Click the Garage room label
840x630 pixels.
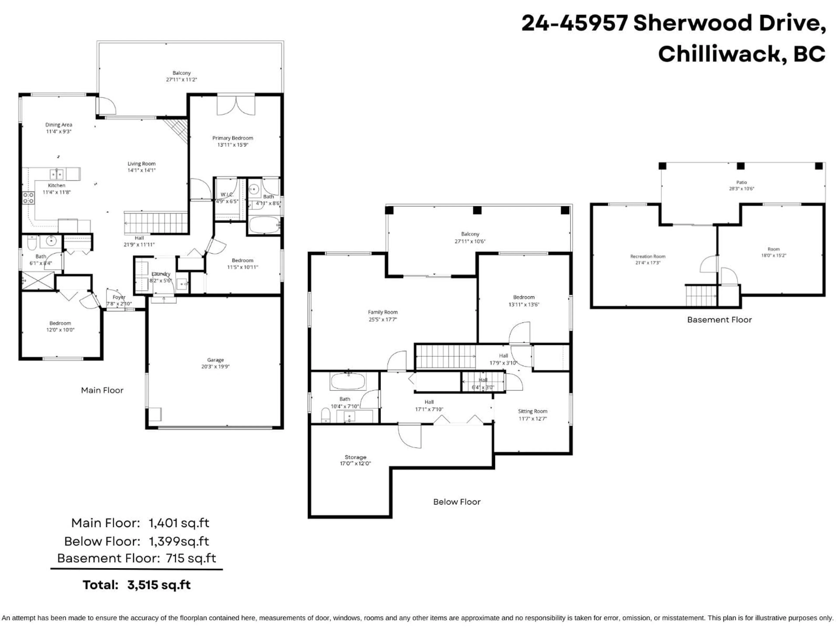click(215, 360)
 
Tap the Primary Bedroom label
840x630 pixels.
click(232, 138)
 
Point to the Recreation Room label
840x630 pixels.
click(647, 256)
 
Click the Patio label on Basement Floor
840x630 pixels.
click(741, 182)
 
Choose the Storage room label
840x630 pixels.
click(355, 457)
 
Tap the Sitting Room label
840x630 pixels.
click(532, 411)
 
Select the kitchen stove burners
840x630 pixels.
click(28, 198)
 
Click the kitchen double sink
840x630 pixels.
click(57, 174)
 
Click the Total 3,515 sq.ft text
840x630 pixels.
click(137, 585)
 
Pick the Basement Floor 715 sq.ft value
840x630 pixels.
click(191, 558)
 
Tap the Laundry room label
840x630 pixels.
click(161, 274)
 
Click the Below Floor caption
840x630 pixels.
click(457, 502)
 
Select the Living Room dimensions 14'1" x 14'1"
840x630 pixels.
click(141, 170)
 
